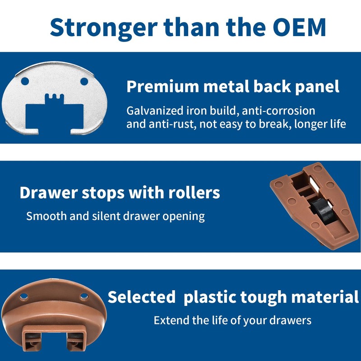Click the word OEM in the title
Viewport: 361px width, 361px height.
click(x=299, y=27)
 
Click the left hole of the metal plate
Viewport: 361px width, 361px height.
click(x=25, y=81)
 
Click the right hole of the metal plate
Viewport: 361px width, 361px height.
click(x=84, y=81)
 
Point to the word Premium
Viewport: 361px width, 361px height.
click(x=163, y=86)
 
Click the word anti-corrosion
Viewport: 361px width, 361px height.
click(x=278, y=111)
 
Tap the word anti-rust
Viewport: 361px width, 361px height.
click(x=172, y=124)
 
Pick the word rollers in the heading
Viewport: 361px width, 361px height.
click(x=194, y=193)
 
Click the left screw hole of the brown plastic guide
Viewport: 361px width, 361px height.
click(x=24, y=296)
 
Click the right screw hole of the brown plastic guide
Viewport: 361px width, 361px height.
click(x=84, y=296)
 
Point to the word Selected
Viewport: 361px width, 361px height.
click(x=142, y=297)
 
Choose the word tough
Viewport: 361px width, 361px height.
click(x=264, y=297)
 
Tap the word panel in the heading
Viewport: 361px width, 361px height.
click(x=317, y=87)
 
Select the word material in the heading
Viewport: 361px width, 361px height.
click(x=325, y=297)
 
